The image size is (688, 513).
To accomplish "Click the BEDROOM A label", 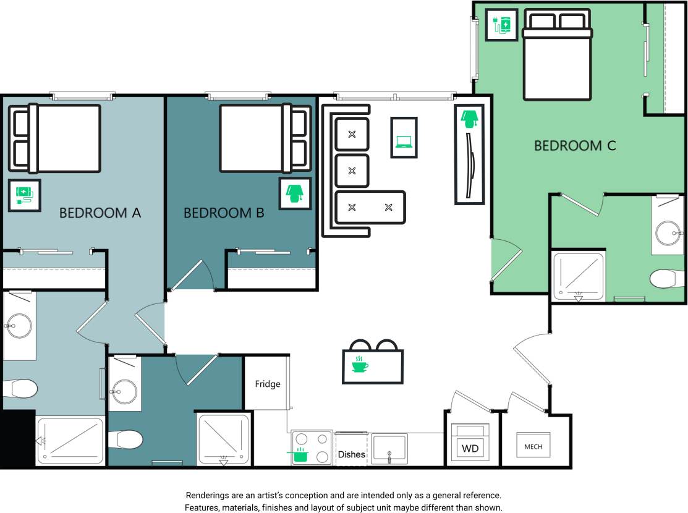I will [x=100, y=213].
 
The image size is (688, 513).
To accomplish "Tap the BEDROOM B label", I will [x=224, y=213].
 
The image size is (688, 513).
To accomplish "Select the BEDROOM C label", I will [x=575, y=146].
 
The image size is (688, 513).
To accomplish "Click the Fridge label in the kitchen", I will [x=268, y=384].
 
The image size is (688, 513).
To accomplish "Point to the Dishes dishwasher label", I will [x=351, y=454].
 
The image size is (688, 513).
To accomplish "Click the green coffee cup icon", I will [x=359, y=365].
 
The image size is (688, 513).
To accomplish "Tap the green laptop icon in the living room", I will [x=404, y=142].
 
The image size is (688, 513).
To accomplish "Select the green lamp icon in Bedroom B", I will [x=294, y=193].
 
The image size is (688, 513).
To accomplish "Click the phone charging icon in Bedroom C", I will [x=501, y=25].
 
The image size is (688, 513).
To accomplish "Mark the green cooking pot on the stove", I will [x=299, y=455].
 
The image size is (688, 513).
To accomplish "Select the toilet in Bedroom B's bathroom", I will [x=126, y=440].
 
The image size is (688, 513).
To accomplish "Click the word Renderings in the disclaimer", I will [x=210, y=496].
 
